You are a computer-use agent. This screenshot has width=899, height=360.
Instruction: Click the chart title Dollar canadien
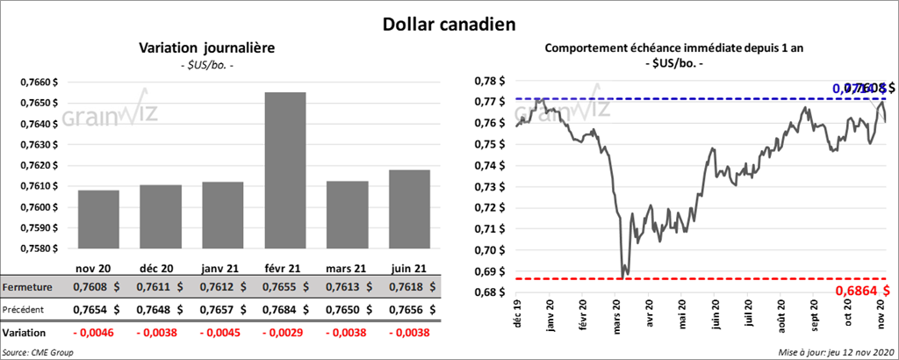[x=449, y=25]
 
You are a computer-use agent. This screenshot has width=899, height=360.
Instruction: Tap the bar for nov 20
[x=97, y=220]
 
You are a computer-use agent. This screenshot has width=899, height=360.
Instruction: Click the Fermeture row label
[x=28, y=287]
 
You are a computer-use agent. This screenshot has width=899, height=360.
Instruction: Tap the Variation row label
[x=25, y=334]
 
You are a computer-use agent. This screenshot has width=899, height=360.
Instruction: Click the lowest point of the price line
[x=622, y=278]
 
